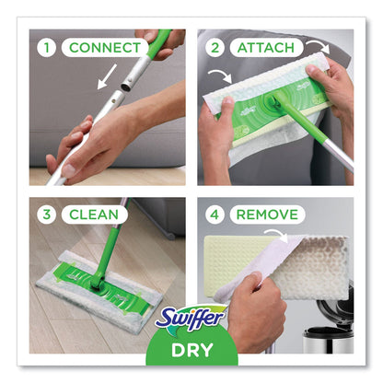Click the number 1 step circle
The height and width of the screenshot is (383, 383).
(x=46, y=46)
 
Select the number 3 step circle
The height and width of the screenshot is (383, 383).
(x=46, y=215)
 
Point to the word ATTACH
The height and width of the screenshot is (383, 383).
(x=266, y=46)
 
